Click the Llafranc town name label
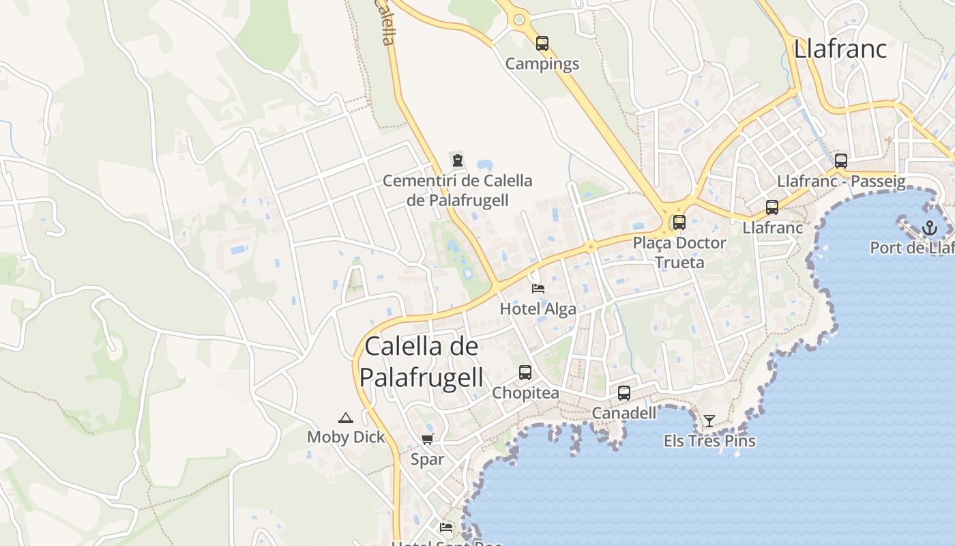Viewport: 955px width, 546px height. [840, 48]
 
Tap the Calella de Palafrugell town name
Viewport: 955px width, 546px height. [422, 361]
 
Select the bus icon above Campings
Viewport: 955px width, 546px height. [542, 44]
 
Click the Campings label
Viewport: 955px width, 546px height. [542, 64]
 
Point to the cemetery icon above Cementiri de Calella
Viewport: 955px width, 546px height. [458, 160]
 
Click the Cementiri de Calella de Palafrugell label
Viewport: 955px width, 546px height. [458, 190]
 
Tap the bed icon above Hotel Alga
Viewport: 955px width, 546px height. [538, 288]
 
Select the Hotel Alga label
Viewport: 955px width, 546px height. [538, 308]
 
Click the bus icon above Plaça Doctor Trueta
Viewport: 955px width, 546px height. [679, 222]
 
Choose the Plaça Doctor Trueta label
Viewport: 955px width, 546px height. [679, 252]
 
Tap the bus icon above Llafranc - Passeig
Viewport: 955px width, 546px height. [841, 161]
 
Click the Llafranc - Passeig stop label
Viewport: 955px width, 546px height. [841, 182]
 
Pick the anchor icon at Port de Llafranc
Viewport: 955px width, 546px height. [930, 228]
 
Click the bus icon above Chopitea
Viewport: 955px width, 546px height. [525, 373]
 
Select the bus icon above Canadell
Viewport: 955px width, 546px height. [624, 392]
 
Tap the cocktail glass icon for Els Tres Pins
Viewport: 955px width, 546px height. [709, 420]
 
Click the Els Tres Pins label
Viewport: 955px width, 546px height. [709, 441]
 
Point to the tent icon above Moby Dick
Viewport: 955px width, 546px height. [346, 418]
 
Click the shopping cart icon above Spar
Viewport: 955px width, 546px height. [428, 440]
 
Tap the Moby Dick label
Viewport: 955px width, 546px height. [346, 437]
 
